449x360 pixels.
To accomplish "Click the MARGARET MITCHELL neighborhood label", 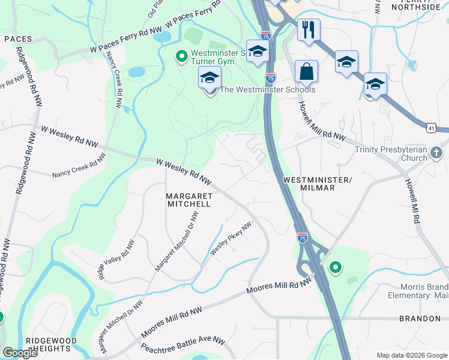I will (x=188, y=200).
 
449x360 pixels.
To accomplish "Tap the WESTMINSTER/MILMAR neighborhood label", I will (x=316, y=184).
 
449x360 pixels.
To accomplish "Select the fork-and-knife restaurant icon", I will (x=309, y=29).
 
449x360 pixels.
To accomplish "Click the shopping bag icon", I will (x=306, y=71).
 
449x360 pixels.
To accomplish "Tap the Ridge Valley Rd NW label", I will (x=118, y=260).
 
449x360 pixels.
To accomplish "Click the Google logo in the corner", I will (x=20, y=353).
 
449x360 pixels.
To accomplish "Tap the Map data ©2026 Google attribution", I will (x=412, y=355).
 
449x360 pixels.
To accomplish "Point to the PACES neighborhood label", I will (x=17, y=38).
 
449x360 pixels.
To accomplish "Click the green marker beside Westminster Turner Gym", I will (x=181, y=56).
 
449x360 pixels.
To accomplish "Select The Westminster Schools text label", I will (x=267, y=90).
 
